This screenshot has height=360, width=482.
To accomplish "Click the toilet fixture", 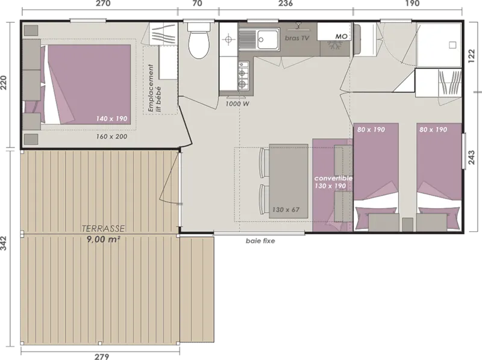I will coord(198,41).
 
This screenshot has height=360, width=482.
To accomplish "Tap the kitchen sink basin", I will coord(266,40).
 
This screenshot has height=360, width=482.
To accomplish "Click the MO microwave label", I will coord(341,37).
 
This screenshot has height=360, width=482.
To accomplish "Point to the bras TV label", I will coord(296,37).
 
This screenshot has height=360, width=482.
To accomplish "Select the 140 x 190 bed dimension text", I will coord(111,119).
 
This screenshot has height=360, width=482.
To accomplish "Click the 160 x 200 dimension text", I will coord(111,137).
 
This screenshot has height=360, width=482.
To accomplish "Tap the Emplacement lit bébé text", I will coord(156,88).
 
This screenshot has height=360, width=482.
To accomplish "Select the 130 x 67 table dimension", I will coord(286,209).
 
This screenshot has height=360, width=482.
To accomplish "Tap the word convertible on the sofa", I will coord(333,179).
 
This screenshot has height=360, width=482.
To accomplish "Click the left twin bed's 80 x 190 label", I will coord(369,129).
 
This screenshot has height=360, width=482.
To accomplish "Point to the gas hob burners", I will coord(243,75).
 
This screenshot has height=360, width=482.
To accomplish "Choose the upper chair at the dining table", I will coord(263,161).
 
